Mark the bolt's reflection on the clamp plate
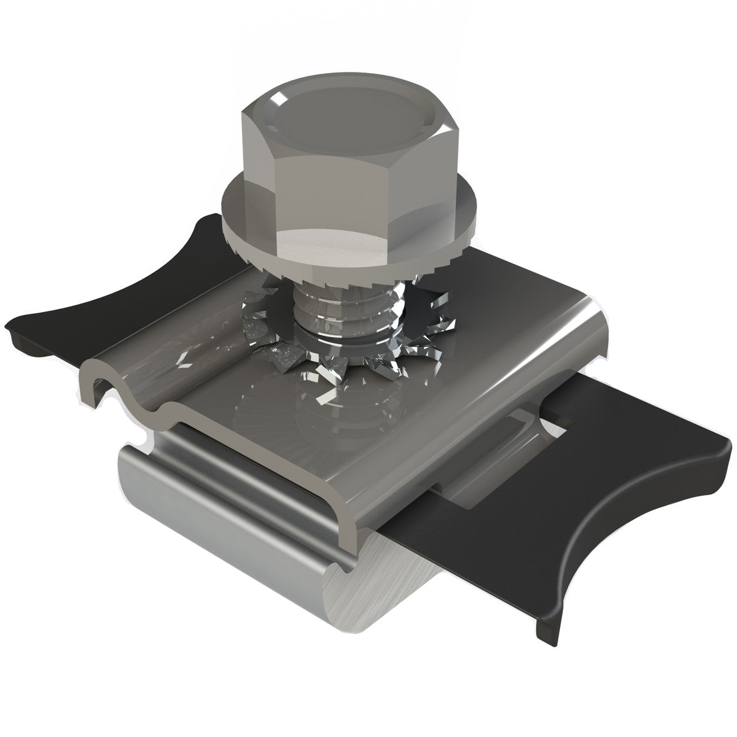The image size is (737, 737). (319, 418)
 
